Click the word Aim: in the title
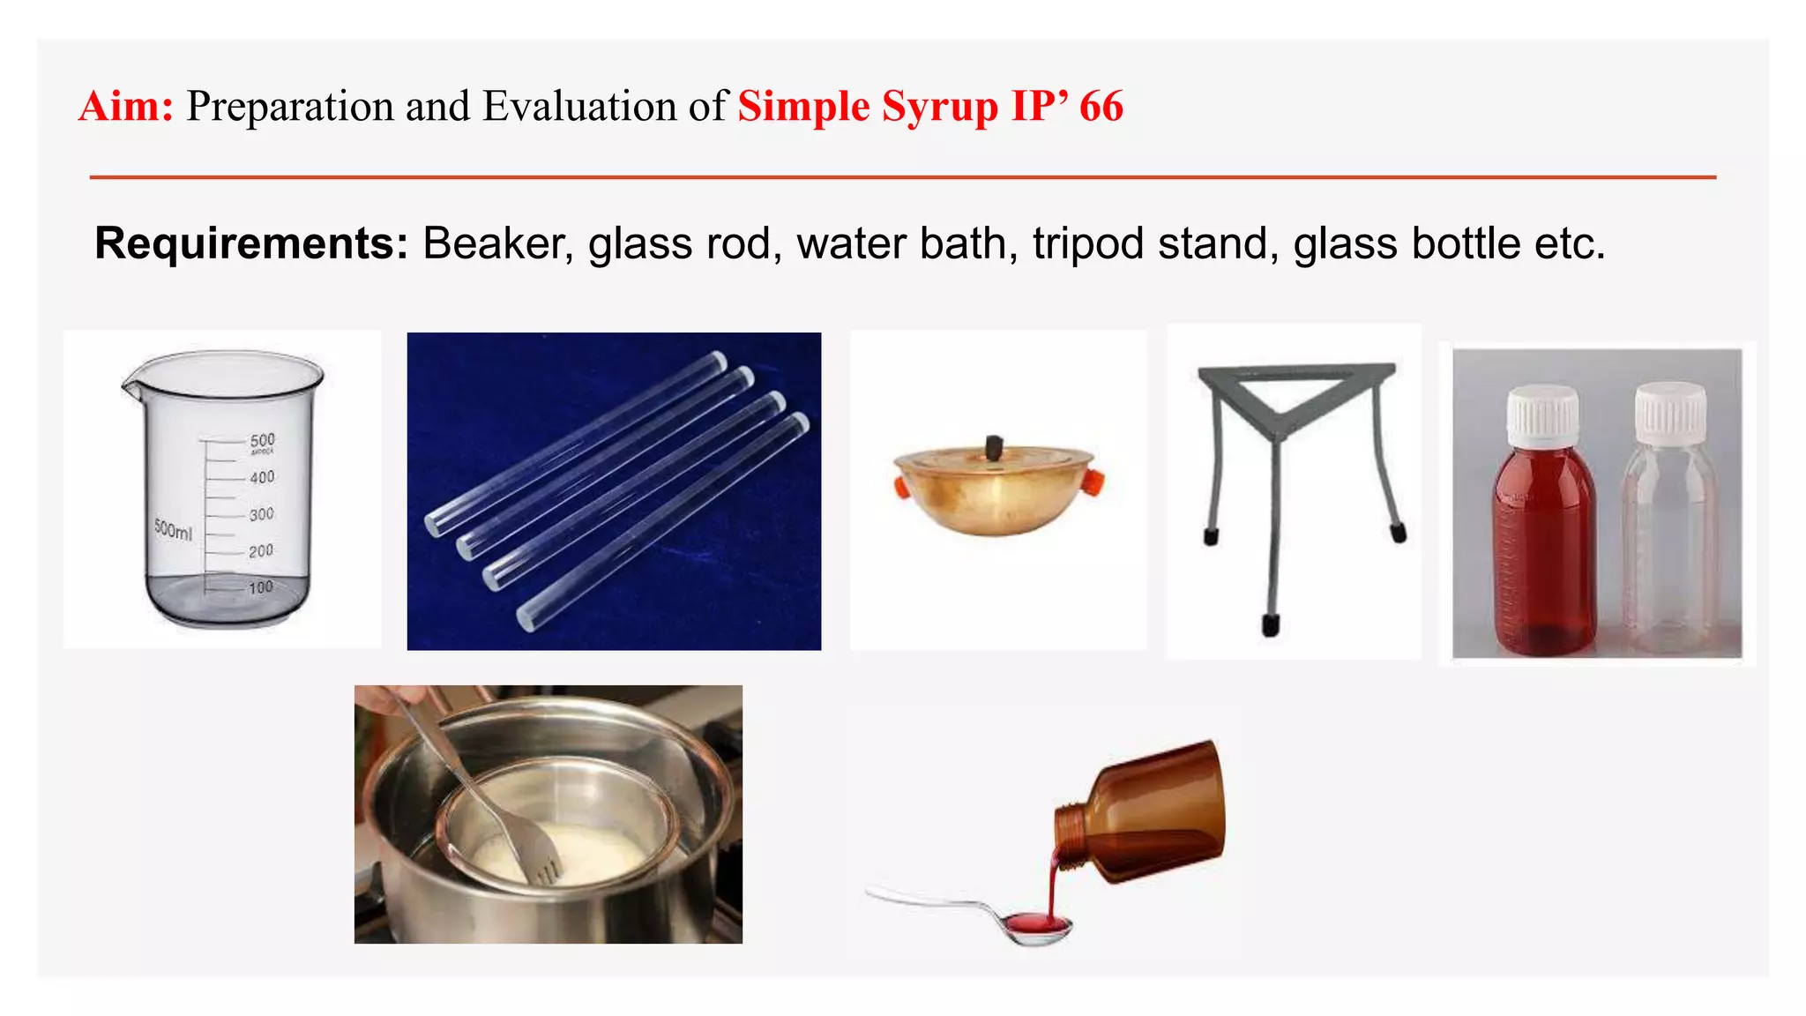point(126,107)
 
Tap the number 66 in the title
point(1101,107)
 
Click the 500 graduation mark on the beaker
point(262,439)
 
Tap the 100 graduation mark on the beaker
point(260,587)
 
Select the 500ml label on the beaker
point(173,529)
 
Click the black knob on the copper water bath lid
point(994,447)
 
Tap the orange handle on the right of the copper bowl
point(1093,482)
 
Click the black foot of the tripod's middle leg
point(1271,624)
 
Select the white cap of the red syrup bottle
point(1542,415)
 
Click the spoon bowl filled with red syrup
point(1038,924)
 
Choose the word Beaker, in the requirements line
point(497,244)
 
